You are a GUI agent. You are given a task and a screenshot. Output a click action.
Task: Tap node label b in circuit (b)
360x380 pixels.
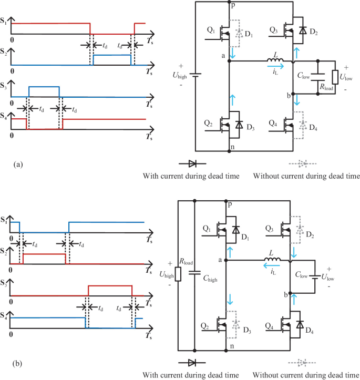(286, 297)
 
